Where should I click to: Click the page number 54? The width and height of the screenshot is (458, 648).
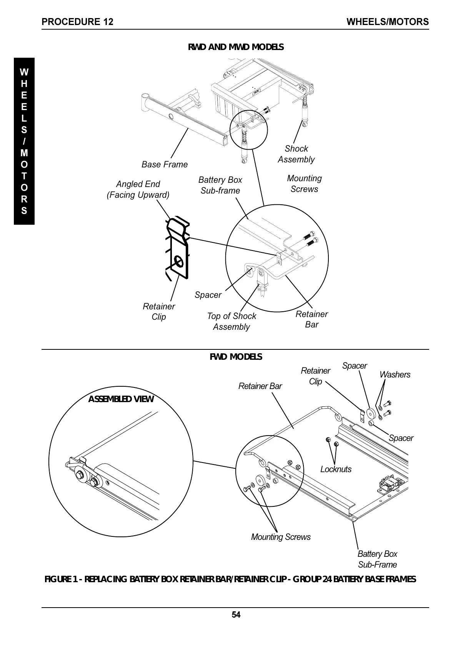pyautogui.click(x=236, y=615)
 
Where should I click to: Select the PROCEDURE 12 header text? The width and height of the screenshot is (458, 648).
pyautogui.click(x=77, y=22)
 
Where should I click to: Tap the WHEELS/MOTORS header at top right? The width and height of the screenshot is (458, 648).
pyautogui.click(x=387, y=22)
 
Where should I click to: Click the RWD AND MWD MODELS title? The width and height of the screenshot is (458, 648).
pyautogui.click(x=236, y=47)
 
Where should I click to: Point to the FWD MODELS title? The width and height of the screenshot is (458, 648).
pyautogui.click(x=236, y=357)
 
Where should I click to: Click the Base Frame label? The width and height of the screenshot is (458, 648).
pyautogui.click(x=165, y=164)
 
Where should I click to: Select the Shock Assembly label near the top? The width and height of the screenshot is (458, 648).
pyautogui.click(x=296, y=154)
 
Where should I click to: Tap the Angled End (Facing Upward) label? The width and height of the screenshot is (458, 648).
pyautogui.click(x=138, y=189)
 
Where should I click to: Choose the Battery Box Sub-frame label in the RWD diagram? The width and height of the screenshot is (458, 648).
pyautogui.click(x=220, y=185)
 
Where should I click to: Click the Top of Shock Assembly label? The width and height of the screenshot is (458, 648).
pyautogui.click(x=231, y=321)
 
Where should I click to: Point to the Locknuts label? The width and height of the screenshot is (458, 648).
pyautogui.click(x=336, y=469)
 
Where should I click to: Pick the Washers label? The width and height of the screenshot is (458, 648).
pyautogui.click(x=395, y=374)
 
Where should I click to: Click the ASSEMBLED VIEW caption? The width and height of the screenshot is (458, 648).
pyautogui.click(x=121, y=399)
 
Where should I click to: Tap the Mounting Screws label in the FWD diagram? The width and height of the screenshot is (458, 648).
pyautogui.click(x=281, y=537)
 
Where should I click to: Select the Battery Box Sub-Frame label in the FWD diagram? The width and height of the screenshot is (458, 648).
pyautogui.click(x=377, y=559)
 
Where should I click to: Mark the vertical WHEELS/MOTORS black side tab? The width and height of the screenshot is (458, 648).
pyautogui.click(x=24, y=141)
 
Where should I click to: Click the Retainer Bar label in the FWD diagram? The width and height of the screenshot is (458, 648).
pyautogui.click(x=260, y=386)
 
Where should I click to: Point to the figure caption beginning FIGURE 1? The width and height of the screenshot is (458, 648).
pyautogui.click(x=230, y=579)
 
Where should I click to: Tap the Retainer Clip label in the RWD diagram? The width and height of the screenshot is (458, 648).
pyautogui.click(x=159, y=311)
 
